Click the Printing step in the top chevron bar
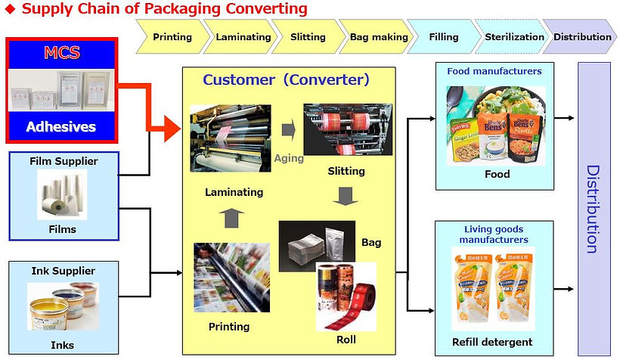[172, 37]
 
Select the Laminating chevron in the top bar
[243, 37]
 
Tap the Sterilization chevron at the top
[514, 37]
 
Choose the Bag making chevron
[378, 37]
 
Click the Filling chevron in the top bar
[443, 37]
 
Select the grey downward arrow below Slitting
[345, 198]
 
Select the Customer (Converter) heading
[286, 79]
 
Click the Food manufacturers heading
[494, 72]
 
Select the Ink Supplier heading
[63, 271]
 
